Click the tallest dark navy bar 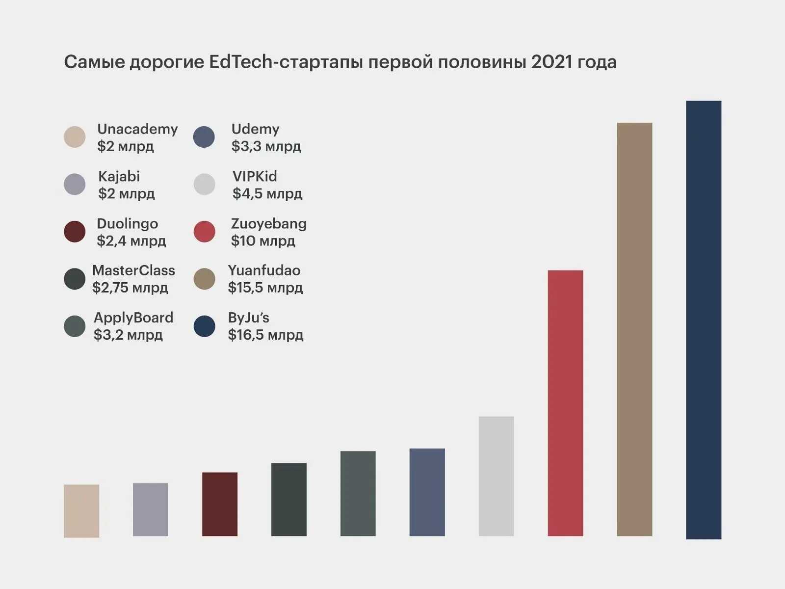tap(704, 320)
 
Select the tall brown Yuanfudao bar tap(634, 329)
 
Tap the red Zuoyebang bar tap(565, 402)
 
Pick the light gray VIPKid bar tap(496, 476)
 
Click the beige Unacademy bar tap(81, 510)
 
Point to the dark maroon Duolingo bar tap(220, 504)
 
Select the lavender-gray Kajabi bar tap(151, 509)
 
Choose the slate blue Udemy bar tap(427, 492)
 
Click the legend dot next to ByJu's tap(205, 326)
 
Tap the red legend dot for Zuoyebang tap(205, 232)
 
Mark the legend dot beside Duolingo tap(75, 232)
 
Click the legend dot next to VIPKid tap(205, 185)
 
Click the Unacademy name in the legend tap(137, 129)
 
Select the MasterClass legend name tap(133, 270)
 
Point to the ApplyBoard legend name tap(133, 318)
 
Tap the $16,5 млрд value tap(265, 335)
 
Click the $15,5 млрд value tap(265, 288)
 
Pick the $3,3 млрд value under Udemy tap(266, 146)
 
